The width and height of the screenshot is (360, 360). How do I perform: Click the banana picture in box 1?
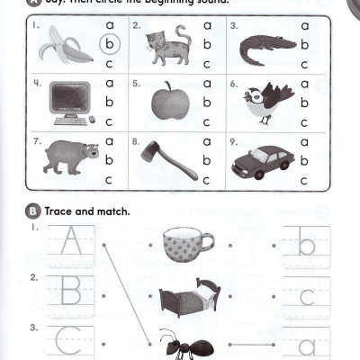[x=66, y=44]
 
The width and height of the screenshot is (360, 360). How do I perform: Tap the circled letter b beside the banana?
[x=109, y=43]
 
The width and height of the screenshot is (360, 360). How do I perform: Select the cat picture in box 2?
[x=164, y=45]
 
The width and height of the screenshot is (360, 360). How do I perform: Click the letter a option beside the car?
[x=305, y=141]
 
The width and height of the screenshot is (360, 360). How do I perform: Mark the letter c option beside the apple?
[x=206, y=121]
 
